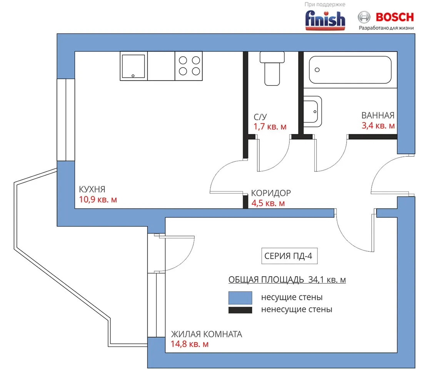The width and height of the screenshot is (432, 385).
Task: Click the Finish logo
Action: click(325, 20)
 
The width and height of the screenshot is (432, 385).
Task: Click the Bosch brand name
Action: click(395, 17)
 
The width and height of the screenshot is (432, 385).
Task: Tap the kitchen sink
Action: click(133, 66)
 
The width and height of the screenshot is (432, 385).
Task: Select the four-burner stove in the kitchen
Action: click(189, 66)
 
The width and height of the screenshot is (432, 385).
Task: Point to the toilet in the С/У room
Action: click(272, 69)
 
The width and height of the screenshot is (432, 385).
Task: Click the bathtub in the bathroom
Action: click(350, 70)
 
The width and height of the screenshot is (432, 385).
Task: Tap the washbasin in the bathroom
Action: click(312, 111)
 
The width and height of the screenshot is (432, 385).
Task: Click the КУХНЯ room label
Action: click(92, 189)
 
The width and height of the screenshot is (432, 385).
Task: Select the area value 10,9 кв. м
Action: click(98, 199)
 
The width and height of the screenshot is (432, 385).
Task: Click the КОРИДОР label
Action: click(271, 193)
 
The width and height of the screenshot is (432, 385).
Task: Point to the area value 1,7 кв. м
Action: click(270, 127)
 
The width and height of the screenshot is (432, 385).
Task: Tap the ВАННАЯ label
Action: click(378, 115)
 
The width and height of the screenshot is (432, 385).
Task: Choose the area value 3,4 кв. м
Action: click(378, 126)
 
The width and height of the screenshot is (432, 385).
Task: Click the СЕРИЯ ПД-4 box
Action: click(289, 256)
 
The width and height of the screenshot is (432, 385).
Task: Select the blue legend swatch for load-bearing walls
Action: click(240, 298)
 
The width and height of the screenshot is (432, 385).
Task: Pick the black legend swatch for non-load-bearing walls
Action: click(240, 310)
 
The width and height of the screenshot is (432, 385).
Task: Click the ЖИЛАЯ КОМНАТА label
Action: click(206, 334)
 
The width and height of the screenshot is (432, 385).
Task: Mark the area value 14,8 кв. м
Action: click(190, 344)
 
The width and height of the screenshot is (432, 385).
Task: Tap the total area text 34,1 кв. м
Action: click(327, 280)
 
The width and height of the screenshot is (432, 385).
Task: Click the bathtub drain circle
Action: click(317, 70)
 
